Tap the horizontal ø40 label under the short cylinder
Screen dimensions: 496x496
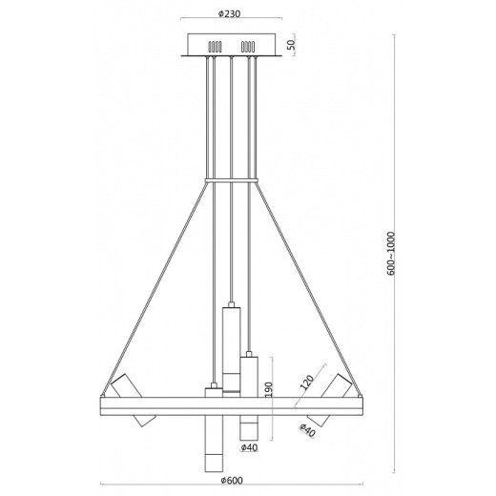click(250, 447)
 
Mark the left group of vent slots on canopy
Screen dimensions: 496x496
click(216, 45)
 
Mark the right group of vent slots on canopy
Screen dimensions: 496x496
click(250, 45)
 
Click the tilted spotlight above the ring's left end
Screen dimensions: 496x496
click(126, 385)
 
